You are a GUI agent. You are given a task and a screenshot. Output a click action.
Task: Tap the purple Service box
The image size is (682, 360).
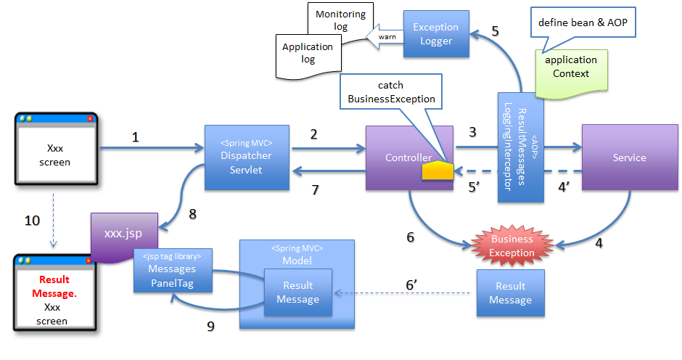[629, 157]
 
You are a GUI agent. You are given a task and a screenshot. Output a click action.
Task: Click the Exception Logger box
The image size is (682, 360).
[436, 34]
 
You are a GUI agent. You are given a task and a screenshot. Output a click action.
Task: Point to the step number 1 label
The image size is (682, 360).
[135, 136]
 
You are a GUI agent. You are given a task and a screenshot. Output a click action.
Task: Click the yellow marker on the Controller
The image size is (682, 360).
[438, 170]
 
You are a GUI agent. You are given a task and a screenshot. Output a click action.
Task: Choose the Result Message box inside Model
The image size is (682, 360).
[297, 292]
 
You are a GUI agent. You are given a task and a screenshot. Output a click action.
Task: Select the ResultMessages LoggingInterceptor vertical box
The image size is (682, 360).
[520, 147]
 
